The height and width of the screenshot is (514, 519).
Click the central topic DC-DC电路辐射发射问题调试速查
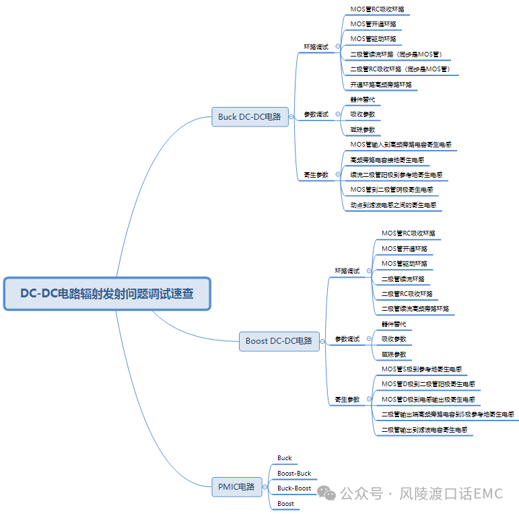(107, 294)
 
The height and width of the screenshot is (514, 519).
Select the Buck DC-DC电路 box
(249, 116)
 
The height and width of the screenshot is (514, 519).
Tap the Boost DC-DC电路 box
(279, 341)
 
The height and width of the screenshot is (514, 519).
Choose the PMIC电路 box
(236, 486)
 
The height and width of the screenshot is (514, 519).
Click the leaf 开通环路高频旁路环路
(380, 85)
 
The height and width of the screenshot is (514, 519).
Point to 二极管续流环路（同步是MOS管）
(396, 54)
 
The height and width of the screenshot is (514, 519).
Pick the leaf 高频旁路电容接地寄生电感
(387, 160)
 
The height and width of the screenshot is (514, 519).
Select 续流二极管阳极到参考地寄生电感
(396, 175)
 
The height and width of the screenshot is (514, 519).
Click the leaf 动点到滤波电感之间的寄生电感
(396, 205)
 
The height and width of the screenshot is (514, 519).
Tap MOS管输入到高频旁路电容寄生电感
(401, 145)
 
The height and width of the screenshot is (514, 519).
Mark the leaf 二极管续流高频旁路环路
(415, 309)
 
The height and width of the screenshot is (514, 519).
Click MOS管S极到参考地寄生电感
(421, 369)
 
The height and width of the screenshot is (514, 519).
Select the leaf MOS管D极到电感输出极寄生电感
(428, 400)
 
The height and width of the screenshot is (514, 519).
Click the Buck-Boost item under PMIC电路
(294, 488)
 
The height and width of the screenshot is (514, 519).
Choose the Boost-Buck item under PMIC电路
(294, 474)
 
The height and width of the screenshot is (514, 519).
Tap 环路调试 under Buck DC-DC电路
(316, 47)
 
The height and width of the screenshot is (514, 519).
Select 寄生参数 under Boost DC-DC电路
(347, 400)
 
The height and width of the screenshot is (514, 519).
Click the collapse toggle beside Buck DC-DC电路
(291, 116)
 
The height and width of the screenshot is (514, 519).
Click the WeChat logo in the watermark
(327, 494)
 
